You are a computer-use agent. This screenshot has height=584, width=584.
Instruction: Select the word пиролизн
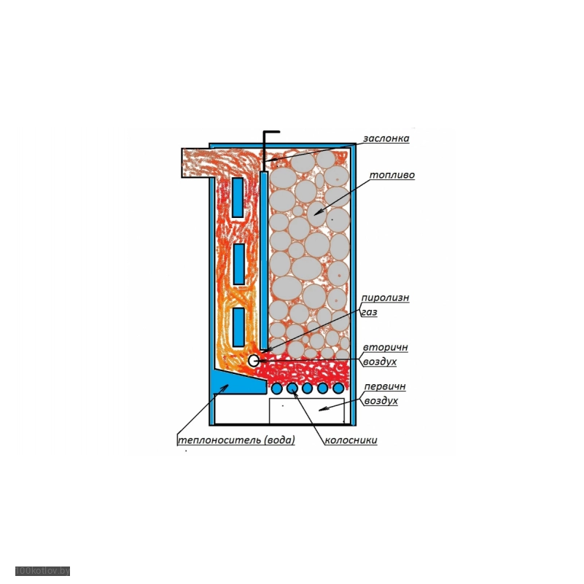point(384,297)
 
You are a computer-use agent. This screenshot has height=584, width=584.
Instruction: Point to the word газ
point(369,311)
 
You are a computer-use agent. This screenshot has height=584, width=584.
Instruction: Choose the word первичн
point(384,386)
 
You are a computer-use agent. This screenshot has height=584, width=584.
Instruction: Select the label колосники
point(351,440)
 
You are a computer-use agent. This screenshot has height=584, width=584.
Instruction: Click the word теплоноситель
point(219,440)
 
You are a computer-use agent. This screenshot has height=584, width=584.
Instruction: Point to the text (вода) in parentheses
point(279,440)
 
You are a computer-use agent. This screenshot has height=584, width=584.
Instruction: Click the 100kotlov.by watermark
point(42,571)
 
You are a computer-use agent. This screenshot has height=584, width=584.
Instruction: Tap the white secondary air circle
point(254,360)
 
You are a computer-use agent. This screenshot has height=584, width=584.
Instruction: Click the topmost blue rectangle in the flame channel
point(238,197)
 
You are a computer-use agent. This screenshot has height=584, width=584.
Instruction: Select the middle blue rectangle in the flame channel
point(238,263)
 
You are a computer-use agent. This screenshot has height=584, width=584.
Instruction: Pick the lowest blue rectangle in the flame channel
point(238,327)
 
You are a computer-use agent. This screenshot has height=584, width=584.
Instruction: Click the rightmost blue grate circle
point(338,388)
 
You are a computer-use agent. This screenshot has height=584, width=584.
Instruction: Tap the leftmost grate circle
point(277,388)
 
